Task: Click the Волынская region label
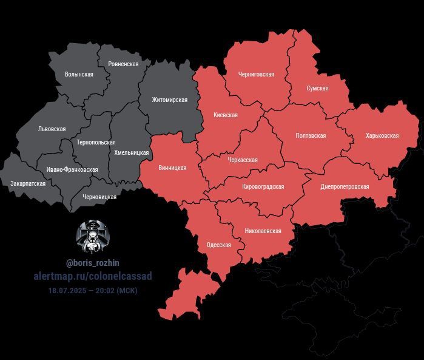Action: point(79,74)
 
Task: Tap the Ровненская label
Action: point(123,64)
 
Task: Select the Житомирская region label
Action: point(169,100)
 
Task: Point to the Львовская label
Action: point(52,129)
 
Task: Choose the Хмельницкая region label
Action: point(132,153)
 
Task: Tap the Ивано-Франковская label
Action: point(72,170)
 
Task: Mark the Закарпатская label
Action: point(28,183)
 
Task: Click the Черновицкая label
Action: point(99,197)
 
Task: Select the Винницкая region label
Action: point(172,168)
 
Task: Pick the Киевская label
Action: point(226,115)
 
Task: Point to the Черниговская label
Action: point(256,75)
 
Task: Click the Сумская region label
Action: point(317,88)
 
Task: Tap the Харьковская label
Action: point(382,136)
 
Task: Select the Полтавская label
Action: point(311,136)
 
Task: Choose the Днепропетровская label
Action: point(345,186)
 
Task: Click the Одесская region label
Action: point(218,245)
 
